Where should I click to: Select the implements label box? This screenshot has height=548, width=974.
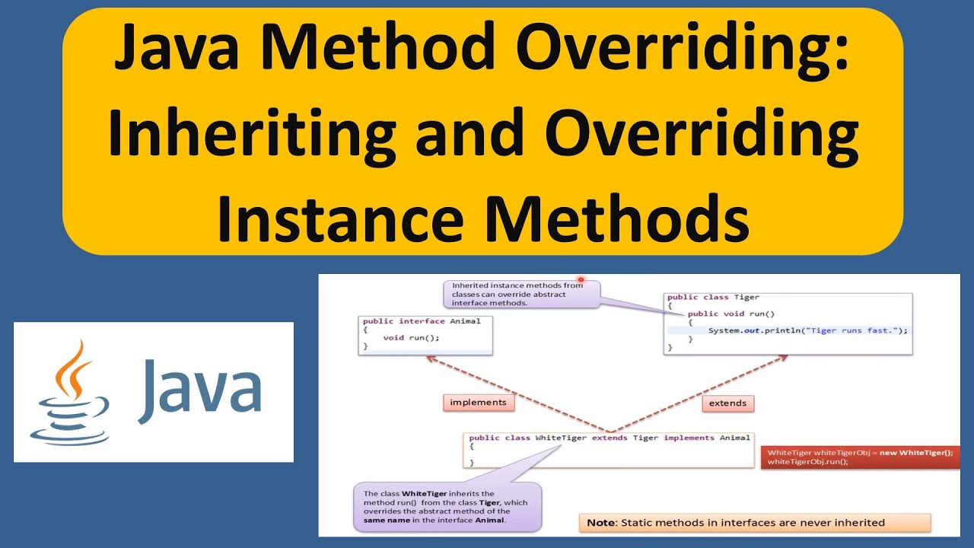(478, 403)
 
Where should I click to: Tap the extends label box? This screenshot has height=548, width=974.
(727, 403)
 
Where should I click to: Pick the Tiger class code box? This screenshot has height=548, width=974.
(788, 323)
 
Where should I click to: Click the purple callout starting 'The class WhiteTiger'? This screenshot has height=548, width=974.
(447, 507)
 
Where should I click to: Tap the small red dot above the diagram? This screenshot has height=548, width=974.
(581, 279)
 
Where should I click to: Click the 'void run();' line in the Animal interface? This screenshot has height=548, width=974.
(412, 337)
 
